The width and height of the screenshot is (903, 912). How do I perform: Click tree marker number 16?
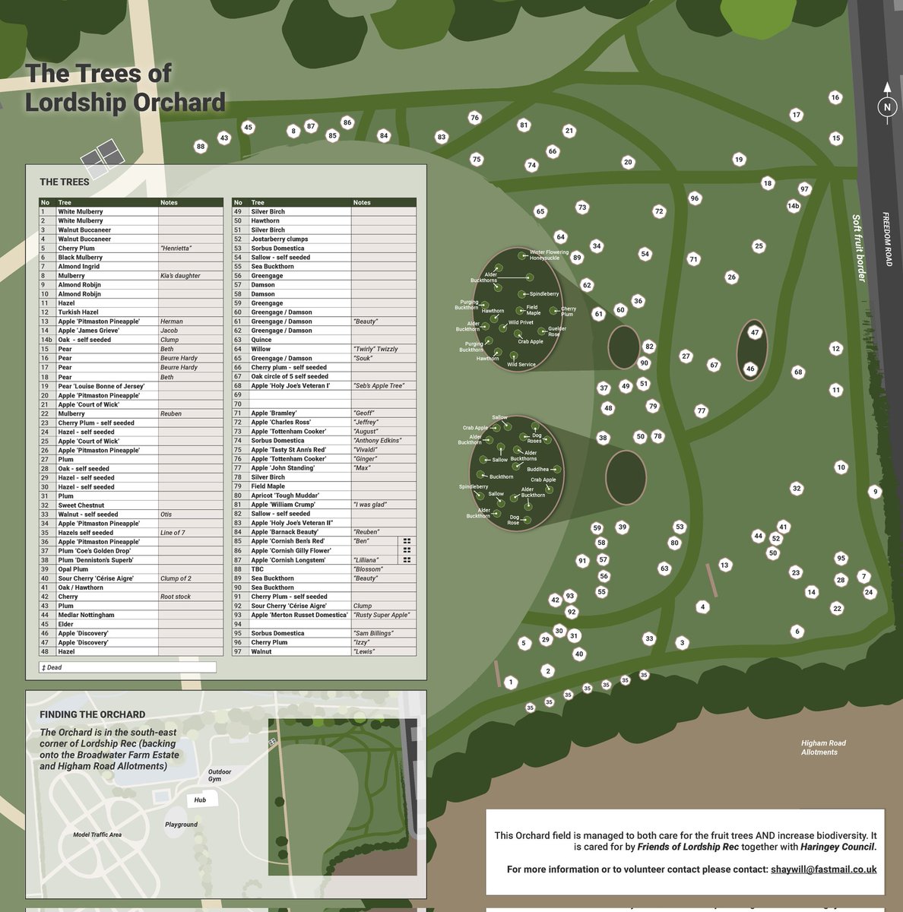click(835, 97)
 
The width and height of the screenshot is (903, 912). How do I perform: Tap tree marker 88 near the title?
click(201, 147)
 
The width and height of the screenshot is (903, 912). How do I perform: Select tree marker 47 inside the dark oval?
click(754, 333)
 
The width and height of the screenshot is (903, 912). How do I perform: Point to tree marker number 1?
click(510, 682)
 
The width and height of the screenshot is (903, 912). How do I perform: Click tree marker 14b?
click(793, 206)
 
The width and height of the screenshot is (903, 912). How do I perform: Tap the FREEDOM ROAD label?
click(887, 239)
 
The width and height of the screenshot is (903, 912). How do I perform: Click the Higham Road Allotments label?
click(822, 748)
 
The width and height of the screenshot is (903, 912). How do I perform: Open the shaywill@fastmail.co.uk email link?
click(823, 869)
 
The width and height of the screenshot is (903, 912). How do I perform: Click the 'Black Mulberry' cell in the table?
click(81, 258)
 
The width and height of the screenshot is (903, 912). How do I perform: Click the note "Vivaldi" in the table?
click(366, 450)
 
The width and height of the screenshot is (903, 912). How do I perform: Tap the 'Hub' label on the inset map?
click(200, 800)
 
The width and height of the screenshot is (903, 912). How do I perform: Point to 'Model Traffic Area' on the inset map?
click(97, 834)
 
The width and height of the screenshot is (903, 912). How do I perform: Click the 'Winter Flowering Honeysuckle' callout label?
click(549, 255)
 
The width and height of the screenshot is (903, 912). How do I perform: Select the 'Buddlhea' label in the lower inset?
click(537, 470)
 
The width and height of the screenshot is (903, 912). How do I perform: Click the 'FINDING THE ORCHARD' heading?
click(92, 714)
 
